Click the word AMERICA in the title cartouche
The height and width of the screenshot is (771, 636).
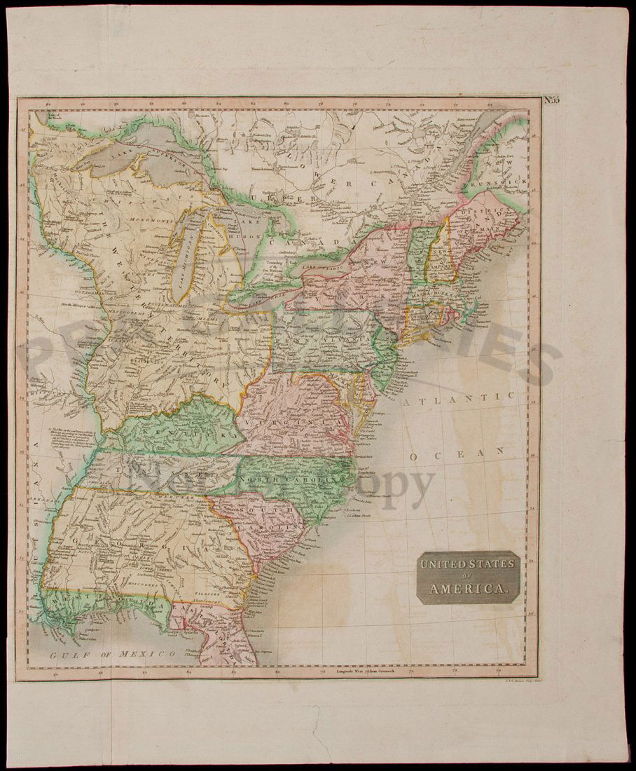tap(468, 589)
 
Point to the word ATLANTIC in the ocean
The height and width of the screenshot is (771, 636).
tap(459, 397)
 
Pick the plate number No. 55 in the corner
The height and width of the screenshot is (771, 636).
tap(551, 100)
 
